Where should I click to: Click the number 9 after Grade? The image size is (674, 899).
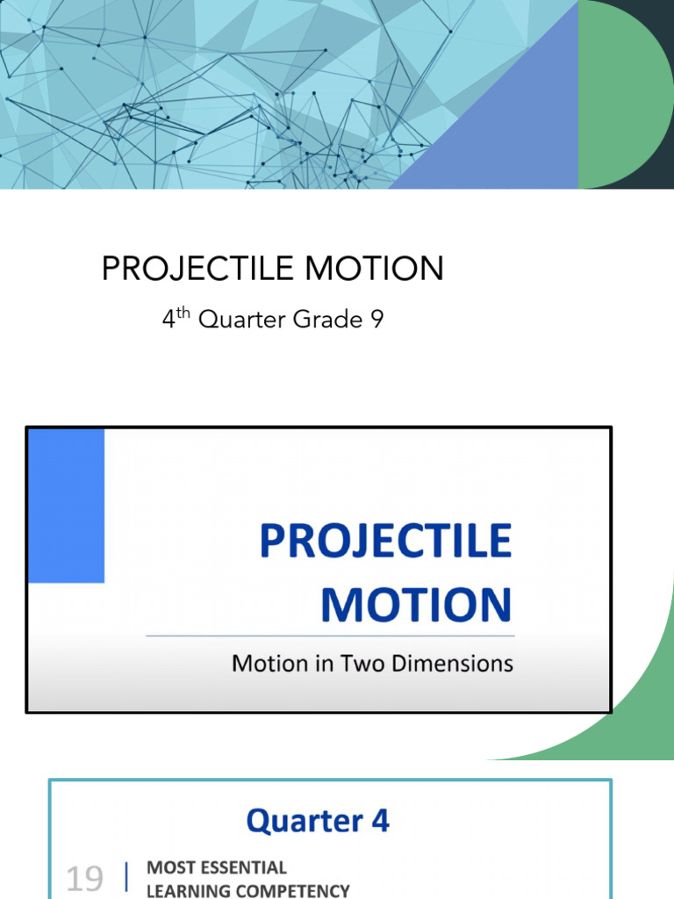tap(376, 320)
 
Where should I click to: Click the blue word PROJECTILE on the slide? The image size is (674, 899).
tap(385, 542)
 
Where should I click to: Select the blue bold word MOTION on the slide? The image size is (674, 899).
tap(416, 605)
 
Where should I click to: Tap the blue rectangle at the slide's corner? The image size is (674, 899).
tap(67, 506)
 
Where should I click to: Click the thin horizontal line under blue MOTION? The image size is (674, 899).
tap(330, 635)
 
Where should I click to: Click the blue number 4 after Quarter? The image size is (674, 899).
tap(379, 821)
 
